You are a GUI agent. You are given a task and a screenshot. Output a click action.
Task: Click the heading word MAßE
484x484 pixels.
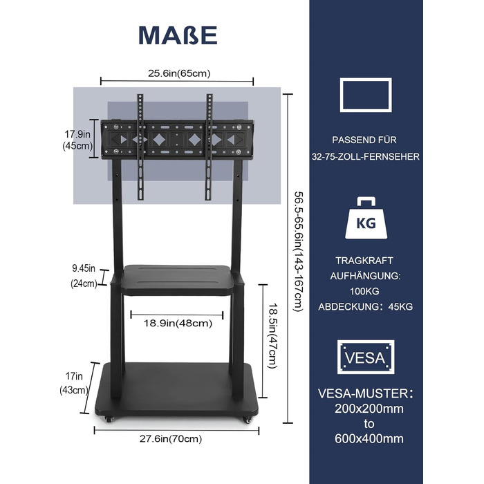tap(178, 35)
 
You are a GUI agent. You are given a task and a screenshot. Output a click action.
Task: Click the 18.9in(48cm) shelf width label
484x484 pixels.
tap(178, 323)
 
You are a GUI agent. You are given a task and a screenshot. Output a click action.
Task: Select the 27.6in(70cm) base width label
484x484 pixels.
tap(178, 438)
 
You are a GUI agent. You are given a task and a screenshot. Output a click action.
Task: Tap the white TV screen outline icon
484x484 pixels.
tap(366, 95)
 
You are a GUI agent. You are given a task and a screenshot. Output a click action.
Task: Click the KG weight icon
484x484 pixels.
tap(366, 219)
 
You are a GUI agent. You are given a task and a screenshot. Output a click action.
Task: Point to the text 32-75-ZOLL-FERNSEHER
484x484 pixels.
tap(366, 158)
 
